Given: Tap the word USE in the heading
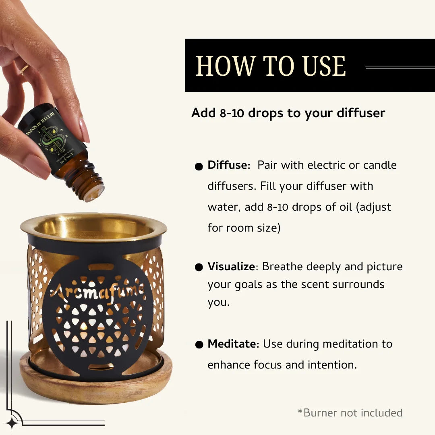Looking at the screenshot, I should coord(325,66).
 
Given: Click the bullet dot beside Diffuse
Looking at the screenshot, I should coord(199,166).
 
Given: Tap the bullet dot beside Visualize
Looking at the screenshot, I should coord(199,268).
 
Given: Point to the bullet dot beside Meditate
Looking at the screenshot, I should coord(199,345).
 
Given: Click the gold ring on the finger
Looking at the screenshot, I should coord(25,70).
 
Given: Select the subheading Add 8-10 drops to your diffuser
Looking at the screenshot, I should coord(288,113).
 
